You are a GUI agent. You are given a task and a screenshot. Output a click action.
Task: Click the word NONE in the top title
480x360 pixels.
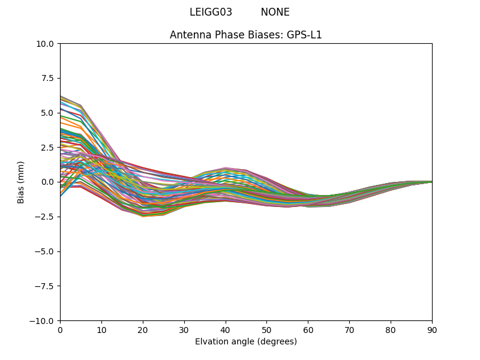(x=275, y=12)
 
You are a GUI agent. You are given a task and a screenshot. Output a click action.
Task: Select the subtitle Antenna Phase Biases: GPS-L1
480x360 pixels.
(x=246, y=35)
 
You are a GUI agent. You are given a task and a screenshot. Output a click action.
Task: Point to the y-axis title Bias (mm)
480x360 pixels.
(x=21, y=182)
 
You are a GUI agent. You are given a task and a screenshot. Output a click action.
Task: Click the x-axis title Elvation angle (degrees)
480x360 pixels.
(x=246, y=341)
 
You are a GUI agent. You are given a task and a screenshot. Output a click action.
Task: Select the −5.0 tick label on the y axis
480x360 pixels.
(x=45, y=251)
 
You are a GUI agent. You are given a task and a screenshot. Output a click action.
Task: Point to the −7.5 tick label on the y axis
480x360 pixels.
(x=45, y=286)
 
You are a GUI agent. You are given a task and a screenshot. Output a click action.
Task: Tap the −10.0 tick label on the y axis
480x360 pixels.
(x=43, y=321)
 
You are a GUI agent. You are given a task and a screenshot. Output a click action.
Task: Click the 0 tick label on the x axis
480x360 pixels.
(x=60, y=329)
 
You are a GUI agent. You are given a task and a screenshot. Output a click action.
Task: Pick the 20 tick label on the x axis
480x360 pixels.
(x=143, y=329)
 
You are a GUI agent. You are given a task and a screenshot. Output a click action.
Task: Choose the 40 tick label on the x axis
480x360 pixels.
(x=226, y=329)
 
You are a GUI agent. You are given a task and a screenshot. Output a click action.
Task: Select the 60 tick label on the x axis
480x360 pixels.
(x=308, y=329)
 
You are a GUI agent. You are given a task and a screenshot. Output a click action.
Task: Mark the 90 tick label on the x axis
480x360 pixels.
(x=432, y=329)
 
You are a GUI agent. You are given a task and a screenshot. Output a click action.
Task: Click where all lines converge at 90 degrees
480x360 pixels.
(x=431, y=182)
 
